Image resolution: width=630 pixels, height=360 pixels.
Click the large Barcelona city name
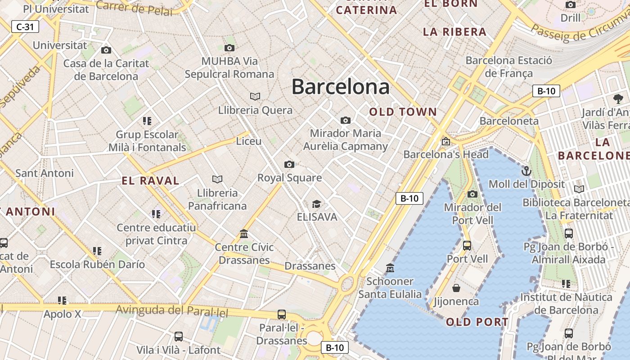pyautogui.click(x=340, y=86)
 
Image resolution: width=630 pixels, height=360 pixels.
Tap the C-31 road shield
pyautogui.click(x=25, y=27)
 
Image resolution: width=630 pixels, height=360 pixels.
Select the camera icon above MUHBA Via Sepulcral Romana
pyautogui.click(x=229, y=48)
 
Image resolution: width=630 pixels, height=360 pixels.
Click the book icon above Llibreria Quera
pyautogui.click(x=255, y=96)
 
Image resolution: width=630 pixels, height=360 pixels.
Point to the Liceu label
pyautogui.click(x=249, y=141)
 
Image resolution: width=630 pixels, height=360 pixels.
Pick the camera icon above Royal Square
pyautogui.click(x=289, y=164)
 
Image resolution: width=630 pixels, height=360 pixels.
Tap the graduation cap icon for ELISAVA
pyautogui.click(x=317, y=204)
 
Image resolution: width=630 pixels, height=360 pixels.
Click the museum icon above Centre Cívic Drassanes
pyautogui.click(x=244, y=234)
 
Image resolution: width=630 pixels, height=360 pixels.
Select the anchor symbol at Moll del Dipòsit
pyautogui.click(x=526, y=171)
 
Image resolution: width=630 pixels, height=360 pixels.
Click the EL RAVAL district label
pyautogui.click(x=151, y=181)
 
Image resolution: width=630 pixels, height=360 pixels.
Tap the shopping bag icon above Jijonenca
pyautogui.click(x=456, y=288)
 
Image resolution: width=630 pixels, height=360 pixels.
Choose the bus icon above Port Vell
pyautogui.click(x=467, y=246)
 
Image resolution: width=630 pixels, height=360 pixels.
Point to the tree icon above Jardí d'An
pyautogui.click(x=618, y=99)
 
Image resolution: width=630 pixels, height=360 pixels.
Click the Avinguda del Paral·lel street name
pyautogui.click(x=172, y=310)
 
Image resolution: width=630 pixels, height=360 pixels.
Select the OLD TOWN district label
pyautogui.click(x=403, y=112)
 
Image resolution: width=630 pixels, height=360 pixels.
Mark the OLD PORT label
pyautogui.click(x=477, y=322)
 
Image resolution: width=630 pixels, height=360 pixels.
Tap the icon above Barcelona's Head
pyautogui.click(x=445, y=141)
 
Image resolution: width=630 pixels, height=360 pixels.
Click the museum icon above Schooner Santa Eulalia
pyautogui.click(x=390, y=268)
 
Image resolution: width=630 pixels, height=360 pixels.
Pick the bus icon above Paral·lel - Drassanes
pyautogui.click(x=282, y=315)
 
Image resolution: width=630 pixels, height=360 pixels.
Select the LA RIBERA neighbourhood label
pyautogui.click(x=454, y=32)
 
